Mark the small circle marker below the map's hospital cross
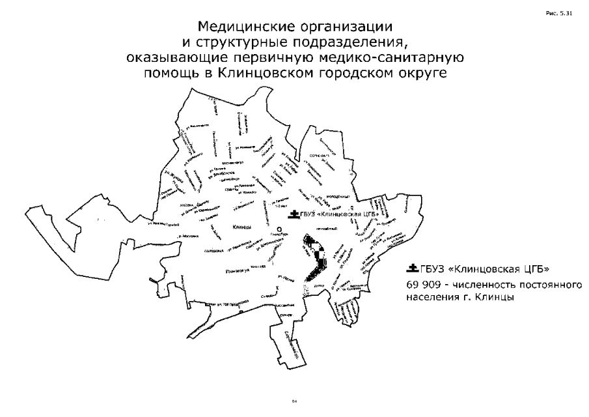click(x=279, y=229)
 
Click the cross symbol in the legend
click(x=411, y=268)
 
